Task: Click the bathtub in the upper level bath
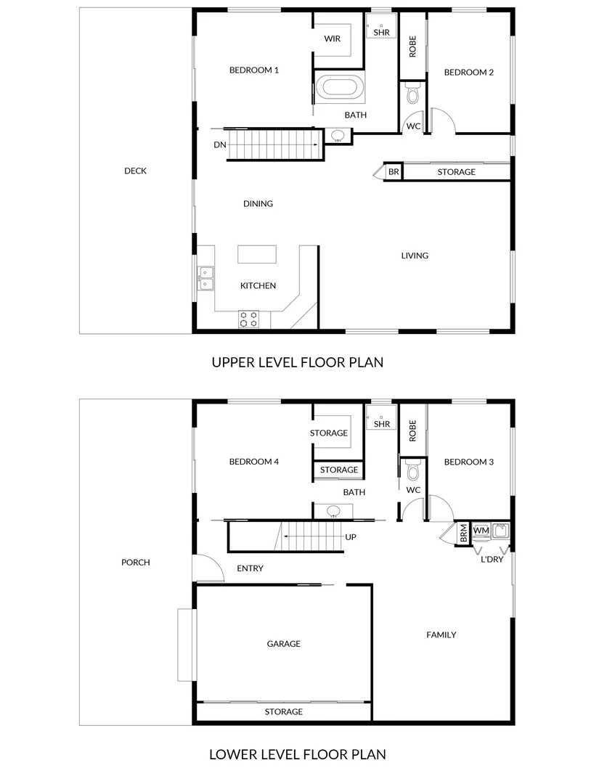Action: point(340,88)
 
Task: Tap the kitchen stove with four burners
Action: point(249,319)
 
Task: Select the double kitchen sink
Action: point(205,278)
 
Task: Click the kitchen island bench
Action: point(258,255)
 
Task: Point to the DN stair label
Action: point(220,145)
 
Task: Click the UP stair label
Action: point(351,538)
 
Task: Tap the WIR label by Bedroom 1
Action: point(333,39)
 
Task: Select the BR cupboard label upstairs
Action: point(394,172)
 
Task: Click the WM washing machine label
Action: point(481,531)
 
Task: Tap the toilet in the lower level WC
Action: point(413,472)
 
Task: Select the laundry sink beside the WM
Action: point(500,530)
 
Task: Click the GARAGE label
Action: point(283,644)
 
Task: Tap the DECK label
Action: point(135,171)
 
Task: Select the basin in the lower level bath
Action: point(334,511)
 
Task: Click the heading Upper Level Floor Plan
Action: point(297,362)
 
